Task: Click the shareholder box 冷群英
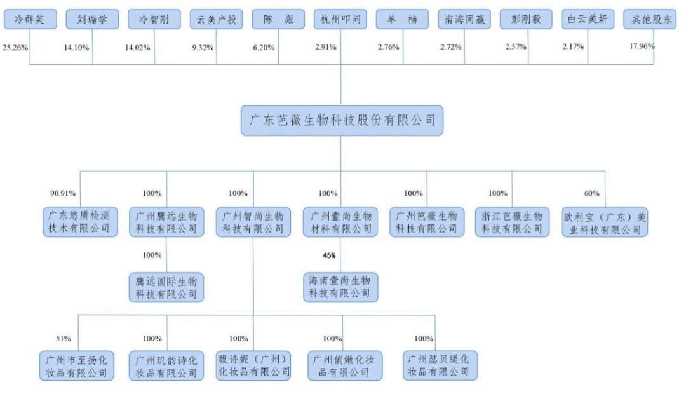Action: tap(30, 19)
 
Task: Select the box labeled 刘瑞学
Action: tap(92, 19)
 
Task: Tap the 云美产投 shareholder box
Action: tap(217, 19)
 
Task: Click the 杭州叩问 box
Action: tap(340, 19)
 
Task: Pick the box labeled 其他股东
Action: tap(649, 19)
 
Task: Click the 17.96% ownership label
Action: tap(642, 46)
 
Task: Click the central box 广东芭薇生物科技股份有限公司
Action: tap(342, 121)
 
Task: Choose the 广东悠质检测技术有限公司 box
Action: tap(80, 222)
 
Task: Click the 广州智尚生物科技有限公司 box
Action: tap(253, 222)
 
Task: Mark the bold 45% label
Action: tap(328, 255)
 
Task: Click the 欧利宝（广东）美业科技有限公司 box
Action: tap(605, 222)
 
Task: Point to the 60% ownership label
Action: tap(591, 193)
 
